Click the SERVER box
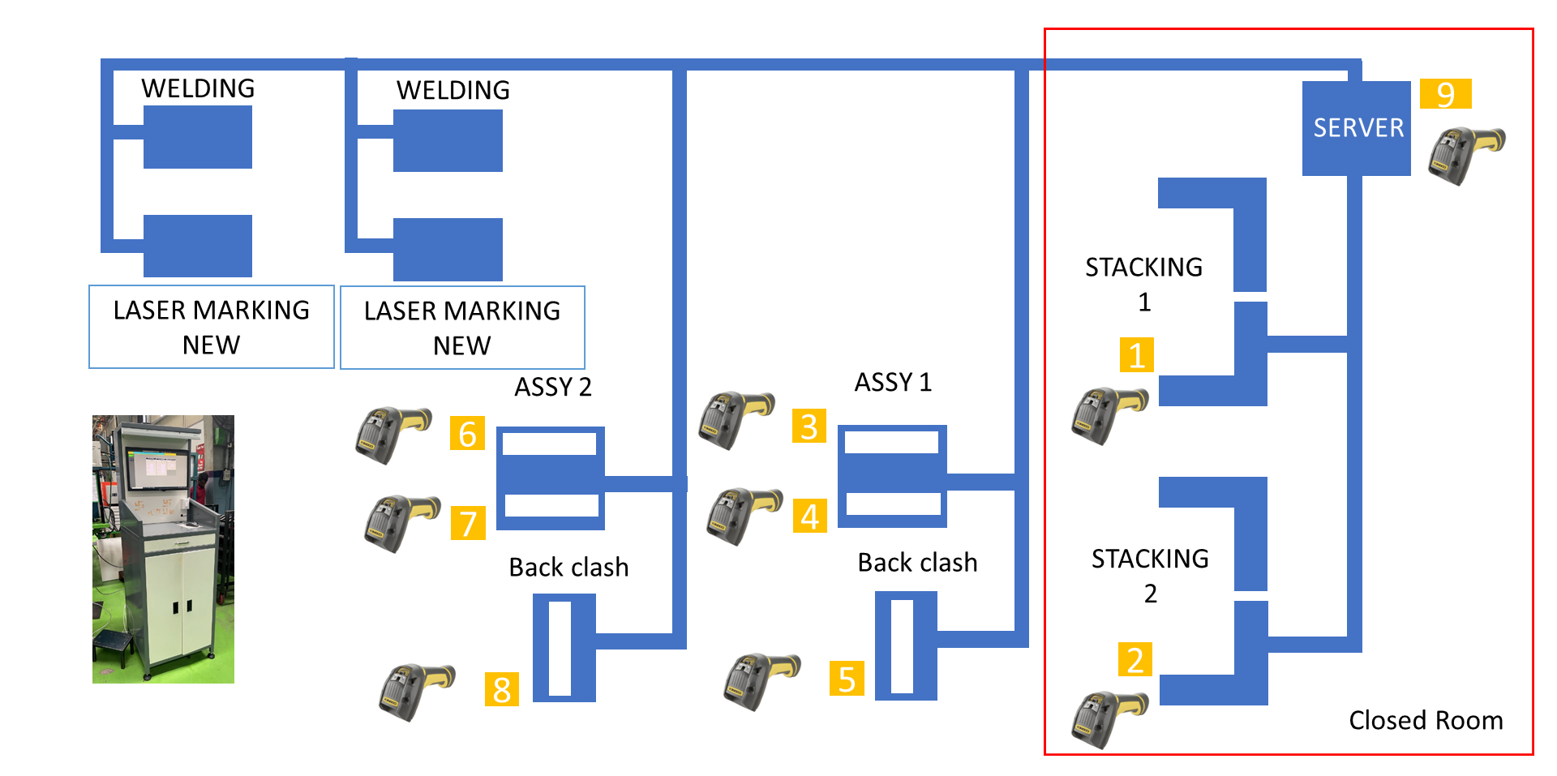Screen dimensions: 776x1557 [x=1356, y=128]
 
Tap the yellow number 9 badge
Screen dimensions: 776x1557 [x=1445, y=94]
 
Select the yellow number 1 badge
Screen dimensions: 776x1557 [x=1136, y=355]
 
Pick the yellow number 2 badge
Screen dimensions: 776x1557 [x=1135, y=660]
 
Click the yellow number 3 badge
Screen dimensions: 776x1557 [x=809, y=427]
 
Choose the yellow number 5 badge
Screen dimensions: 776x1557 [x=847, y=680]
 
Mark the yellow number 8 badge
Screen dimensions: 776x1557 [x=501, y=690]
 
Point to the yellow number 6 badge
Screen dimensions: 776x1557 [x=467, y=434]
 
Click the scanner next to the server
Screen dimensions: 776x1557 [x=1465, y=154]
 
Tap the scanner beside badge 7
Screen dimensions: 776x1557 [x=401, y=523]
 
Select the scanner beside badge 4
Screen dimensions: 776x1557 [x=743, y=515]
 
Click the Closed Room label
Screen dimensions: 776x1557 [x=1426, y=720]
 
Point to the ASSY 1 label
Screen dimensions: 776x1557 [x=893, y=382]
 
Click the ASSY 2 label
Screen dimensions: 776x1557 [x=553, y=387]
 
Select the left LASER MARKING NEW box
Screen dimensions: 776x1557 [x=211, y=327]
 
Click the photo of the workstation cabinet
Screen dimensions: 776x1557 [x=163, y=549]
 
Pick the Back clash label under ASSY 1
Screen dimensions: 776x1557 [x=917, y=563]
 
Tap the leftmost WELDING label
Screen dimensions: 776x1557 [x=198, y=88]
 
